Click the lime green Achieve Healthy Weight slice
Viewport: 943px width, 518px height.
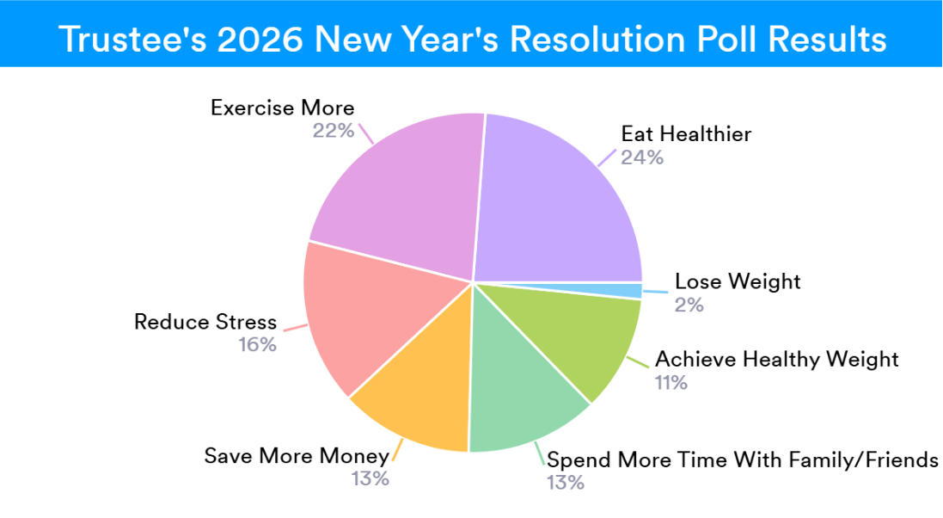pyautogui.click(x=578, y=337)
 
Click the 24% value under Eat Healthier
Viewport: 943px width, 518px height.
pyautogui.click(x=642, y=157)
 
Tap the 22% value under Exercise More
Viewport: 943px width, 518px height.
pyautogui.click(x=334, y=131)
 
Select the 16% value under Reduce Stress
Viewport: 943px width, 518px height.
pyautogui.click(x=257, y=344)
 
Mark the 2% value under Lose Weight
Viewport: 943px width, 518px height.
pyautogui.click(x=689, y=305)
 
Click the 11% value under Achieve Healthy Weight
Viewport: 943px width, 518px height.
pyautogui.click(x=671, y=382)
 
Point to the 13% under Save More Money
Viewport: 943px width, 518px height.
pyautogui.click(x=370, y=478)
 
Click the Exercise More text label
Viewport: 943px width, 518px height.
pyautogui.click(x=283, y=108)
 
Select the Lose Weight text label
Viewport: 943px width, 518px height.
pyautogui.click(x=738, y=281)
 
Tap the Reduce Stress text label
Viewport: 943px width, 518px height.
pyautogui.click(x=205, y=322)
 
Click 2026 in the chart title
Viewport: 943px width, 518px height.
pyautogui.click(x=260, y=40)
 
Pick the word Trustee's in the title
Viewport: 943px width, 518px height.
pyautogui.click(x=132, y=40)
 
